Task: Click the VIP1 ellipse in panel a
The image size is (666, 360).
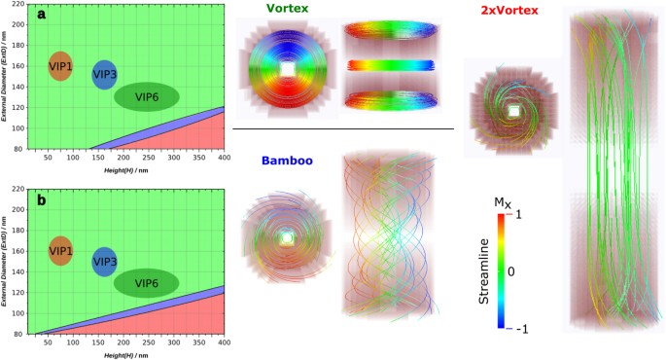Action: (x=59, y=66)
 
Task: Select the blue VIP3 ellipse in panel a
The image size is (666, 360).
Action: (x=104, y=74)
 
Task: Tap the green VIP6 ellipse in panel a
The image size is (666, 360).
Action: (x=146, y=96)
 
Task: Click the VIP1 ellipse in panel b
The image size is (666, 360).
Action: (x=60, y=251)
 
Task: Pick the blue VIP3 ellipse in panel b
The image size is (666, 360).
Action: (x=104, y=262)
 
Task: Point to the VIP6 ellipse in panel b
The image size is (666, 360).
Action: (x=146, y=283)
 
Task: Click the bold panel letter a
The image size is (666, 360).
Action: (x=41, y=16)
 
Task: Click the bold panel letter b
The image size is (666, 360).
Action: (x=41, y=200)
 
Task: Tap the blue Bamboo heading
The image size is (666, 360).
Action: (x=287, y=161)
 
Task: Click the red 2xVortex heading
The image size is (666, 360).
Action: (x=524, y=11)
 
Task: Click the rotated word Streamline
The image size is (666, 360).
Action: (x=483, y=272)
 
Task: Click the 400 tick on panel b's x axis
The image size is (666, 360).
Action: (x=224, y=342)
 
